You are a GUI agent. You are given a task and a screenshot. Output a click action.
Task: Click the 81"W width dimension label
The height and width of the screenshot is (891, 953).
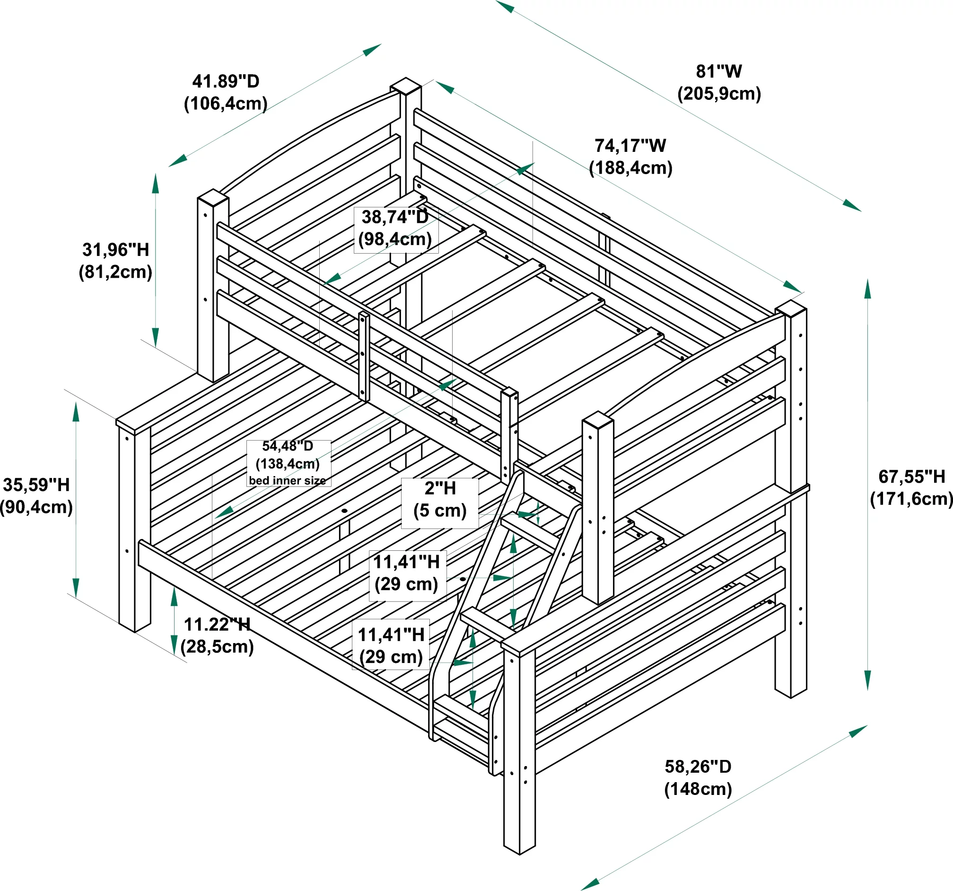point(718,72)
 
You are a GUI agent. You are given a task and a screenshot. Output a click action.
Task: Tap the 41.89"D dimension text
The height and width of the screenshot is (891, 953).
point(225,81)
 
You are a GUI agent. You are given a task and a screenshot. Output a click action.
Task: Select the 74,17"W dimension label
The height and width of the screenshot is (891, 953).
point(630,146)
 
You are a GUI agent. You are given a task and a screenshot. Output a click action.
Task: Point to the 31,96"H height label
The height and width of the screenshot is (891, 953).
point(115,250)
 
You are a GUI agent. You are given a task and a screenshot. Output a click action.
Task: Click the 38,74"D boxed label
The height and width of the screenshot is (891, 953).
point(395,229)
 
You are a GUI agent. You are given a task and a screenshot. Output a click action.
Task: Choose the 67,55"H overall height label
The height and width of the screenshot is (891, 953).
point(911,477)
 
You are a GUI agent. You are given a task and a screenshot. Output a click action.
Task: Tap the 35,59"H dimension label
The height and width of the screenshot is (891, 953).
point(36,485)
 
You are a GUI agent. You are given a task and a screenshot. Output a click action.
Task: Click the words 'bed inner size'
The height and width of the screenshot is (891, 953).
point(287,480)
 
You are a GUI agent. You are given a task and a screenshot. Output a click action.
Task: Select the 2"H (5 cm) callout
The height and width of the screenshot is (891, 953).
point(439,500)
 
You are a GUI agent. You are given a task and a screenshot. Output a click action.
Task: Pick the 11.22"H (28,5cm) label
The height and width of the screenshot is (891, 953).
point(217,635)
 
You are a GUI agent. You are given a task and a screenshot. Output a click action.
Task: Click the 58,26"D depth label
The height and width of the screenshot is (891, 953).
point(698,767)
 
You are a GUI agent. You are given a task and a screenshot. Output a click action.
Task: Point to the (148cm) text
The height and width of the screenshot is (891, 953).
point(698,789)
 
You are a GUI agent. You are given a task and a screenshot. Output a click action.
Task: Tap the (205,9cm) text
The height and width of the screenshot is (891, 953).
point(718,94)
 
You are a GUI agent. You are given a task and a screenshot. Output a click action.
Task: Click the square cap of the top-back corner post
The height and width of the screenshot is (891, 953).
point(405,86)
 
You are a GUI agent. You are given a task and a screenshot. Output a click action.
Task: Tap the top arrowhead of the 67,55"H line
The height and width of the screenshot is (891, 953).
point(867,289)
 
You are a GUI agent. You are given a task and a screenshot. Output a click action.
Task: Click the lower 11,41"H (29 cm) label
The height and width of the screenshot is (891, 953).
point(391,646)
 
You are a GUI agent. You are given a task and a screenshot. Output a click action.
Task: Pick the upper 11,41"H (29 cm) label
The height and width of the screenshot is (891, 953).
point(407,573)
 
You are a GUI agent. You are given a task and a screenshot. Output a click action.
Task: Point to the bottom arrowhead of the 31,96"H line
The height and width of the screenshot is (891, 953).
point(155,336)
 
